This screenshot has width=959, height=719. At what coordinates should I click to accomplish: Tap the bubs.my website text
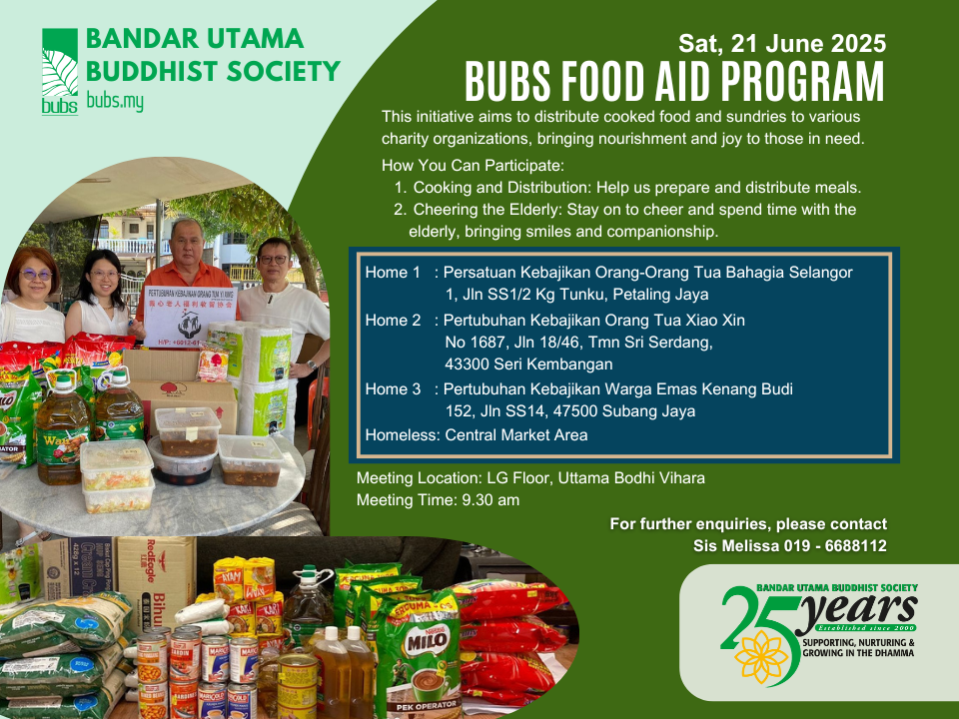(x=115, y=101)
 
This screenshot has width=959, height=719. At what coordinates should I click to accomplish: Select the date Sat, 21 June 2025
(x=782, y=44)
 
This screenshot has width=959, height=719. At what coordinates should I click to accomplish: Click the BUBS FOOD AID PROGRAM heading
(x=675, y=81)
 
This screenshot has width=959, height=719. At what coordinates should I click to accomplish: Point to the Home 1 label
(x=393, y=272)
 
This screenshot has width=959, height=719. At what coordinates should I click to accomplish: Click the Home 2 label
(x=393, y=321)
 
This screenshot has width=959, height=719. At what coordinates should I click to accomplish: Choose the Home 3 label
(x=393, y=388)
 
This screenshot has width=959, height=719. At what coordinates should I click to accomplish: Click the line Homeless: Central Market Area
(x=476, y=434)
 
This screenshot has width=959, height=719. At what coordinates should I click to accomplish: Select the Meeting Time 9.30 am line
(x=438, y=499)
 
